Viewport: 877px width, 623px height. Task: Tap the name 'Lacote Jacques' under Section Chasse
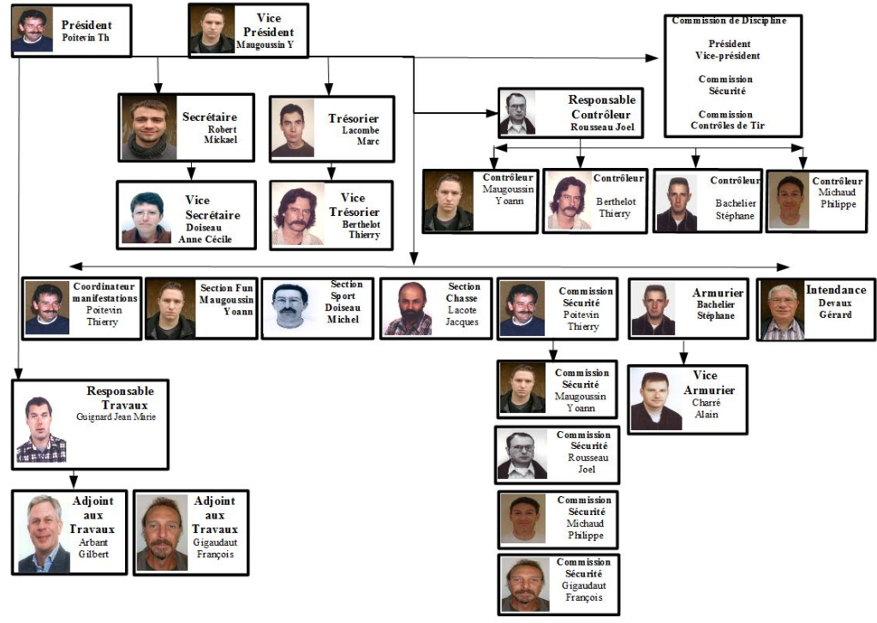coord(462,315)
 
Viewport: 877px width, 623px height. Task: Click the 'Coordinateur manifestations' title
coord(104,291)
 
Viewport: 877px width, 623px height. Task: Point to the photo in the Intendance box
coord(781,311)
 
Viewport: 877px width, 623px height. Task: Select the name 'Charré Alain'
coord(706,409)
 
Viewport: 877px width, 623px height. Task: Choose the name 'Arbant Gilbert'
coord(94,548)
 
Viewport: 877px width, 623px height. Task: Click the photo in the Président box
coord(33,31)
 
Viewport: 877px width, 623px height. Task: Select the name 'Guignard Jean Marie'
coord(116,417)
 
